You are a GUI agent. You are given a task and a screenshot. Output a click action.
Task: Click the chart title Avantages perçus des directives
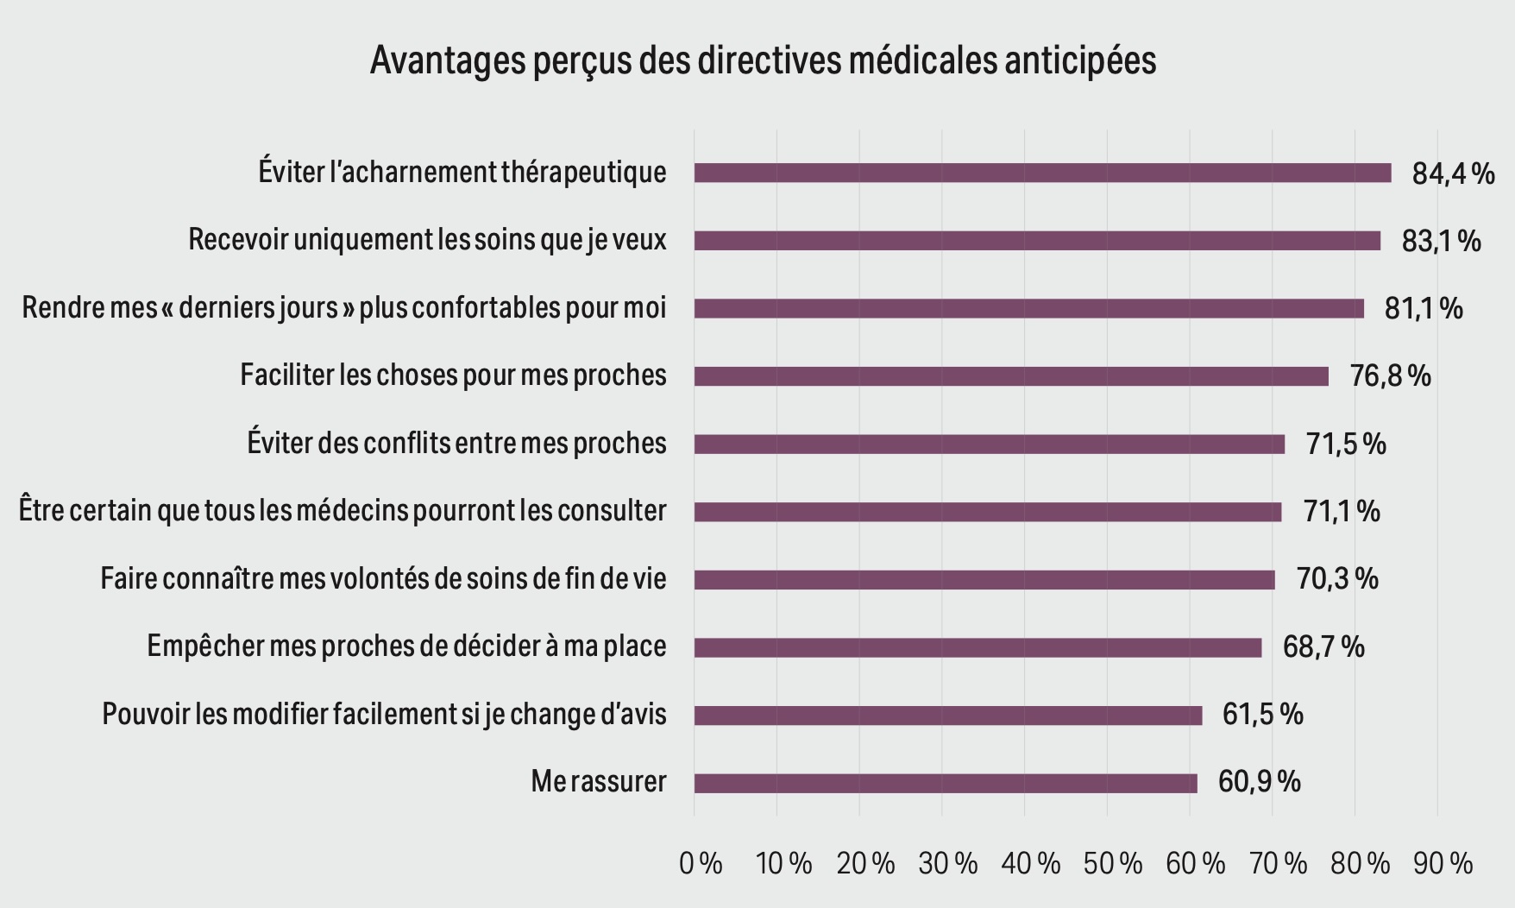pyautogui.click(x=763, y=60)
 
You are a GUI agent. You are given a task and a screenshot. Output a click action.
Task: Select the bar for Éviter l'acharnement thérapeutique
pyautogui.click(x=1042, y=173)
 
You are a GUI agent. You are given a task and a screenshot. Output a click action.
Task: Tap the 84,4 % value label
pyautogui.click(x=1453, y=173)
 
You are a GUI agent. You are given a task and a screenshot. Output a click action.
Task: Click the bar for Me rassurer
pyautogui.click(x=945, y=783)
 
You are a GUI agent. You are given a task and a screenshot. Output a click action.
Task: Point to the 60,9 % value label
pyautogui.click(x=1259, y=782)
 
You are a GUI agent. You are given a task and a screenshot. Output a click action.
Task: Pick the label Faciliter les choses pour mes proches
pyautogui.click(x=453, y=375)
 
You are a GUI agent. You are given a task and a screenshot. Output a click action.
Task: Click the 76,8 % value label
pyautogui.click(x=1390, y=376)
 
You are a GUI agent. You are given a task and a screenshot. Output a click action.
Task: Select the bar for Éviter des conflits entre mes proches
pyautogui.click(x=989, y=444)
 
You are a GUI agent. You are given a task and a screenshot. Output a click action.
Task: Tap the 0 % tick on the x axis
pyautogui.click(x=701, y=863)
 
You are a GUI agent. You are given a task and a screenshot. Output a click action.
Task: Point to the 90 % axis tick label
pyautogui.click(x=1443, y=863)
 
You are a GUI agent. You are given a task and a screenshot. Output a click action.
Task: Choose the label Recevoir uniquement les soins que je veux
pyautogui.click(x=427, y=240)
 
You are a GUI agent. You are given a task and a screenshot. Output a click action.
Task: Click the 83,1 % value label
pyautogui.click(x=1441, y=241)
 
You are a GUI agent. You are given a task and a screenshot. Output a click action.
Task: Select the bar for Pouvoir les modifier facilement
pyautogui.click(x=947, y=715)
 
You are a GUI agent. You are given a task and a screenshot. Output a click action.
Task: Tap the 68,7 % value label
pyautogui.click(x=1323, y=646)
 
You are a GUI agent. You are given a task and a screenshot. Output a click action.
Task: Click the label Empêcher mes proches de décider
pyautogui.click(x=406, y=646)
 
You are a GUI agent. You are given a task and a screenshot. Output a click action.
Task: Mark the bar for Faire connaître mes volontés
pyautogui.click(x=984, y=579)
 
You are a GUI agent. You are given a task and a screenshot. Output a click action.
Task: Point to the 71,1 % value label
pyautogui.click(x=1342, y=512)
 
